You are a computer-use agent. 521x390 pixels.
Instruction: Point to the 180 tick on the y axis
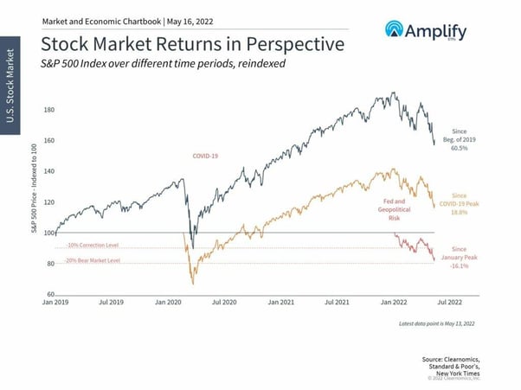tap(48, 110)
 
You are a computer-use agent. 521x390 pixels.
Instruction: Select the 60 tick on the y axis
tap(50, 294)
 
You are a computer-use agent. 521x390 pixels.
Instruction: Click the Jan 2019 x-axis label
tap(56, 303)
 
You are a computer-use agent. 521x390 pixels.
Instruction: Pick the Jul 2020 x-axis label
tap(223, 303)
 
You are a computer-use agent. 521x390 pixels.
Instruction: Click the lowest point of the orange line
tap(192, 284)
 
